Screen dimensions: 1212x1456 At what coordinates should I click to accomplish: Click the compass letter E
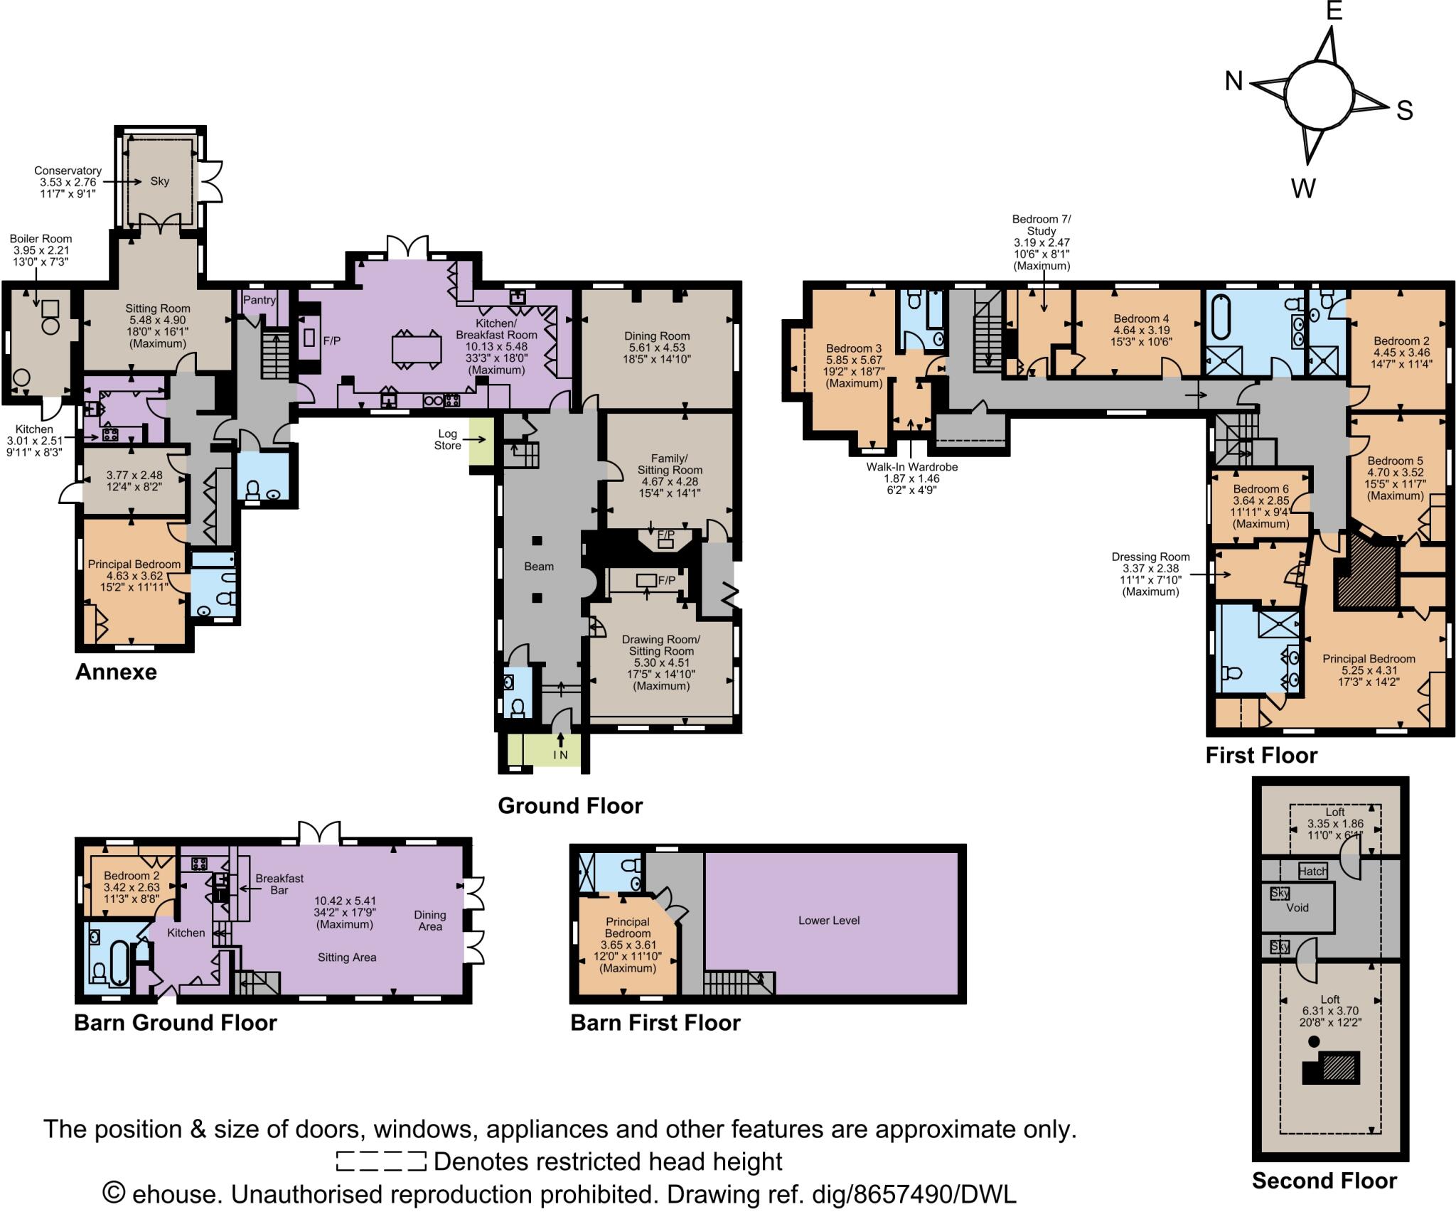(1334, 12)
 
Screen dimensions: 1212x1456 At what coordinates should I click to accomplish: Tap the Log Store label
(448, 439)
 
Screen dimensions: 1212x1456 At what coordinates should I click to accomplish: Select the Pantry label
(259, 300)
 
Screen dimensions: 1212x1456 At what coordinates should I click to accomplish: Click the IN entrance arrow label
(560, 755)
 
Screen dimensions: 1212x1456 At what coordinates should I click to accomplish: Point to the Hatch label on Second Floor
(1312, 872)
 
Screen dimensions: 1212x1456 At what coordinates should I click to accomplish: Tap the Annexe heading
(116, 672)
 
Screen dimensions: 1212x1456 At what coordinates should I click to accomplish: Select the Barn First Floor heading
(655, 1023)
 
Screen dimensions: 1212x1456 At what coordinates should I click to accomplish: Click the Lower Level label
(829, 921)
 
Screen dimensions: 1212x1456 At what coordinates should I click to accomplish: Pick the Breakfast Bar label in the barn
(279, 884)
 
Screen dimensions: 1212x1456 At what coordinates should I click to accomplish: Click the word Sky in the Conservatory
(160, 181)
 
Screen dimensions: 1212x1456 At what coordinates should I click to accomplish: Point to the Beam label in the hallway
(538, 567)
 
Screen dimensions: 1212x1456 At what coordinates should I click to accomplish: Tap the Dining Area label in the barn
(430, 921)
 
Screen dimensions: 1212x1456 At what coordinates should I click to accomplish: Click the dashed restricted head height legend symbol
(380, 1162)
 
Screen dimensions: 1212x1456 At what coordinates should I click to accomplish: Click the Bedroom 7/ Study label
(1042, 242)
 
